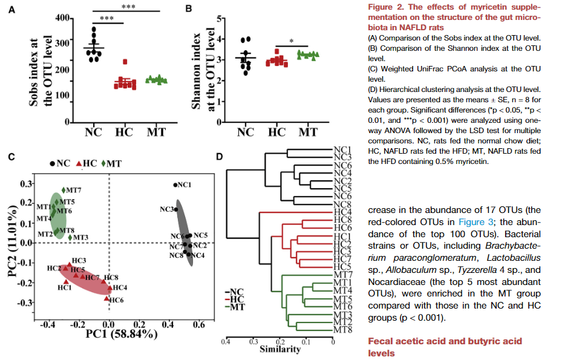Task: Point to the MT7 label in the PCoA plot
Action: (x=74, y=190)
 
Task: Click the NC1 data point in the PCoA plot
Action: (x=175, y=185)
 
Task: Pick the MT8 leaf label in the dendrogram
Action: (x=344, y=330)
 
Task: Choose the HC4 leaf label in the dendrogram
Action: (x=344, y=212)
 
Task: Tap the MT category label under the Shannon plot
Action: (x=308, y=131)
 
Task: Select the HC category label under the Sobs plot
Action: (x=125, y=131)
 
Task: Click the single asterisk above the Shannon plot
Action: (x=291, y=42)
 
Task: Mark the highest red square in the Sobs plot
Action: (x=125, y=62)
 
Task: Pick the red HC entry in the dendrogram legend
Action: (x=238, y=299)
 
